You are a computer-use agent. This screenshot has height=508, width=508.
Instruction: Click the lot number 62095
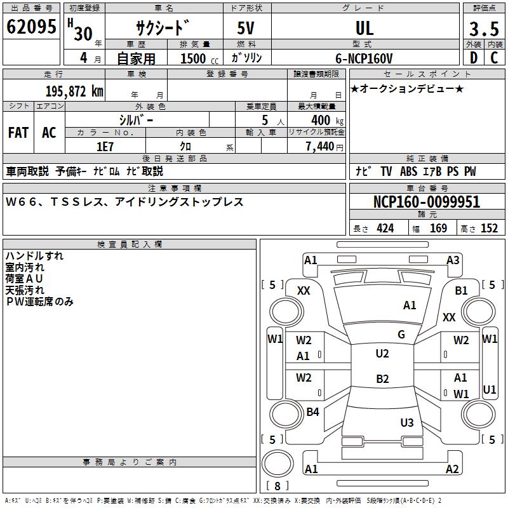(x=31, y=27)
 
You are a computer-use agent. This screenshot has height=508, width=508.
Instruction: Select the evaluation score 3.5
(x=484, y=29)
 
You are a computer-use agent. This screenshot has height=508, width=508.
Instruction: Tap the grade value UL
(x=364, y=28)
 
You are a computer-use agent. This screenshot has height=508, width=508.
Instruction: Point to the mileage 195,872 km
(x=74, y=91)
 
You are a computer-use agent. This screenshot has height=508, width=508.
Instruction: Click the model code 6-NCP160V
(x=364, y=58)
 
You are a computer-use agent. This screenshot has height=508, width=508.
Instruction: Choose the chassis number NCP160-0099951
(x=427, y=202)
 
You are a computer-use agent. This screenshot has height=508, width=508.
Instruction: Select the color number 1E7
(x=105, y=147)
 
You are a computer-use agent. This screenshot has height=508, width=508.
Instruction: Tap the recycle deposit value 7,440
(x=320, y=147)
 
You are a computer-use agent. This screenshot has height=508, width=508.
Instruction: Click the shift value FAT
(x=18, y=133)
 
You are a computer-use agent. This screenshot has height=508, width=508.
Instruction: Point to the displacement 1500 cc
(x=199, y=58)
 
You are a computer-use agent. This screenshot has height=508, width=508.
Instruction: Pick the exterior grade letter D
(x=474, y=58)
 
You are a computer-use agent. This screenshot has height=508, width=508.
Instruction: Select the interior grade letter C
(x=494, y=58)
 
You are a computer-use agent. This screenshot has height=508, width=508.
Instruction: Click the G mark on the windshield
(x=401, y=334)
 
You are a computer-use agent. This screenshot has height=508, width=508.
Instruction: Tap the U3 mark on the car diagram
(x=407, y=422)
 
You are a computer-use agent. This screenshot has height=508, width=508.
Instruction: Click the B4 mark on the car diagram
(x=312, y=411)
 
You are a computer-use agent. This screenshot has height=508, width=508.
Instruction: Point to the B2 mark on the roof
(x=382, y=378)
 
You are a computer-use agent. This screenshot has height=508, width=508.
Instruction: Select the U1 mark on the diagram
(x=489, y=389)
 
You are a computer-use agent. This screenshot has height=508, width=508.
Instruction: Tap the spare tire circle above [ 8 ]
(x=277, y=464)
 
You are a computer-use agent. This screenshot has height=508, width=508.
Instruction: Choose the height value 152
(x=489, y=228)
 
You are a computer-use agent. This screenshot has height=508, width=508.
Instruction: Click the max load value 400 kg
(x=327, y=120)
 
